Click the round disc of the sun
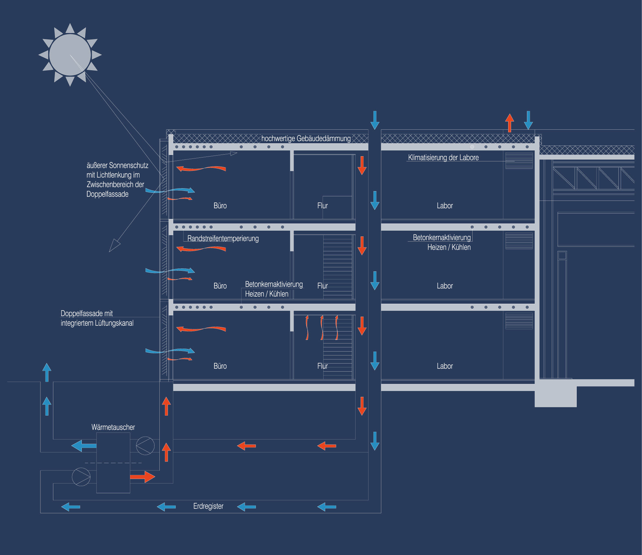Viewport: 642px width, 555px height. tap(70, 55)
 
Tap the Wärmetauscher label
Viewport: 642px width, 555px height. tap(113, 427)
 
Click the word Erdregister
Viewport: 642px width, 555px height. tap(208, 506)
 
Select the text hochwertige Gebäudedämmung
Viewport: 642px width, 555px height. tap(306, 139)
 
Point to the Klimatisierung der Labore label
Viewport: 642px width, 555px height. tap(443, 158)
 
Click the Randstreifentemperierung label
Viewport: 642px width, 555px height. tap(223, 239)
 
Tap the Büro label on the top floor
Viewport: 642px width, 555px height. tap(220, 206)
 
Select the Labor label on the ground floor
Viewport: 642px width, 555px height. tap(445, 366)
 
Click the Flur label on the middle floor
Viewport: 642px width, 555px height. tap(322, 286)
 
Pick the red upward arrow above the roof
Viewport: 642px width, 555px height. tap(510, 123)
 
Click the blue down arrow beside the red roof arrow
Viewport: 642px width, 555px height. tap(528, 120)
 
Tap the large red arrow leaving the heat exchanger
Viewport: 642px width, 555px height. tap(143, 477)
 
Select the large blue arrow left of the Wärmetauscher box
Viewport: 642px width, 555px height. tap(84, 446)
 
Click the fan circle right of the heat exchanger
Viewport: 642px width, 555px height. tap(145, 446)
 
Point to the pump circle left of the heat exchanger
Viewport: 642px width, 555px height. tap(81, 477)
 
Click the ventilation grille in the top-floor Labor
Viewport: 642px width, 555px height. tap(519, 160)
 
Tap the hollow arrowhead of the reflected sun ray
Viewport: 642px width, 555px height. tap(114, 245)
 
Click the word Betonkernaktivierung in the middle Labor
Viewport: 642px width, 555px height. tap(442, 238)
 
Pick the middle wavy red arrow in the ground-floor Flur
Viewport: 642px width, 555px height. tap(322, 328)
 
